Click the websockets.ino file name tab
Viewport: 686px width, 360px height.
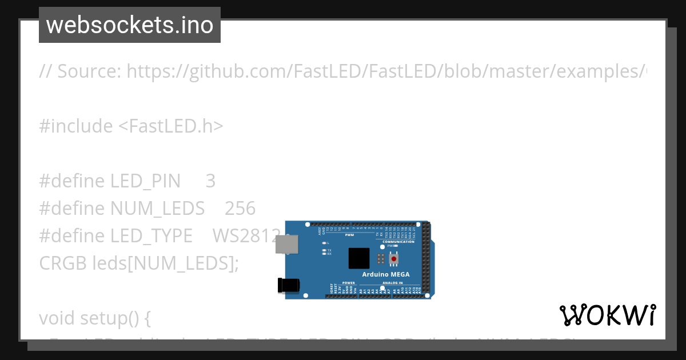(130, 25)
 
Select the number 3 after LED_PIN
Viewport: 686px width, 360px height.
(210, 181)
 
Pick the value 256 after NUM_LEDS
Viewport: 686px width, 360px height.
(240, 209)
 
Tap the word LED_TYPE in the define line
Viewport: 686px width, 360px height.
(151, 236)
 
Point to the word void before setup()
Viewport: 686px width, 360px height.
(57, 318)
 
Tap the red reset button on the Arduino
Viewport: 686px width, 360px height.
(394, 259)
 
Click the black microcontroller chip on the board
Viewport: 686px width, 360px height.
(359, 258)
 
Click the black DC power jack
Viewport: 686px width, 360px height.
(288, 286)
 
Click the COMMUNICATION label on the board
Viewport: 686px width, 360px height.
(398, 242)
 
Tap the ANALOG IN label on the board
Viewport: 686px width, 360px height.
(392, 283)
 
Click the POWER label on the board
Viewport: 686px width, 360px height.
(349, 283)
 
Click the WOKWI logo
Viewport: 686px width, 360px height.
(608, 315)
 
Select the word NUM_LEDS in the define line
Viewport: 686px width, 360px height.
(157, 209)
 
